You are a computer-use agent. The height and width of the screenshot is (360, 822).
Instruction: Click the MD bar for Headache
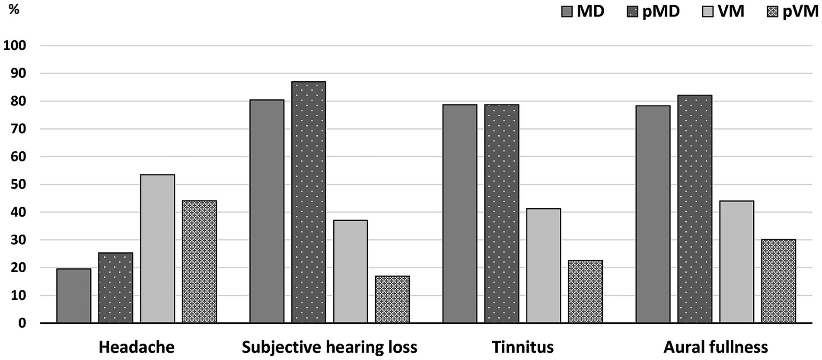(73, 296)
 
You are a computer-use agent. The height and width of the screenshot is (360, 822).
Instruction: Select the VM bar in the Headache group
(157, 249)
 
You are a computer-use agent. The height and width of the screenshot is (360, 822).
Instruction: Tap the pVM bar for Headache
(199, 262)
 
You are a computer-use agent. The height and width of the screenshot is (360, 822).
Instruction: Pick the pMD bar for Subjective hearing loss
(308, 202)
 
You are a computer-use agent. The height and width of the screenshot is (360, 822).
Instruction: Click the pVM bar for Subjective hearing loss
(392, 299)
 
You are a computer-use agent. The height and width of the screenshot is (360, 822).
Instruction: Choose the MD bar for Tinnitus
(460, 214)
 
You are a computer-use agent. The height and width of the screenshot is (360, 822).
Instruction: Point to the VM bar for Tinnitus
(543, 266)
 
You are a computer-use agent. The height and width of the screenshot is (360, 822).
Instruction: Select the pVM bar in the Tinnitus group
(585, 292)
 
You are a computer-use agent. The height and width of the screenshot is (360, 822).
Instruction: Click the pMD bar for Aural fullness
(695, 209)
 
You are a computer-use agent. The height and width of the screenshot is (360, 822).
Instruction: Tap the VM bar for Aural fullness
(736, 262)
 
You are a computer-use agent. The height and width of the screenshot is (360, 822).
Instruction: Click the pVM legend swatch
(772, 12)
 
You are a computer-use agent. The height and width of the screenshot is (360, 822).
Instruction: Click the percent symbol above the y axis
(14, 9)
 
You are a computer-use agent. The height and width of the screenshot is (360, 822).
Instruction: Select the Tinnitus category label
(523, 347)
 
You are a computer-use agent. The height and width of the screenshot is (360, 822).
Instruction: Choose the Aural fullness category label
(716, 347)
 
